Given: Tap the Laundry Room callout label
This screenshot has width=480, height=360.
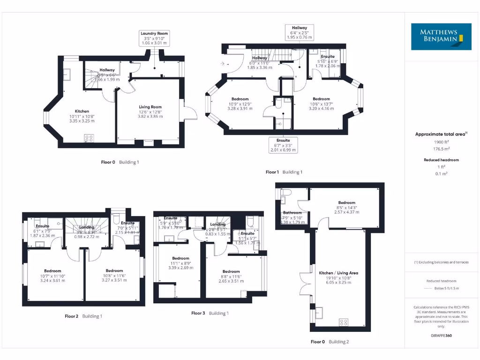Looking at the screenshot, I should (154, 38).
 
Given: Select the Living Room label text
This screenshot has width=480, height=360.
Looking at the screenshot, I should (150, 112).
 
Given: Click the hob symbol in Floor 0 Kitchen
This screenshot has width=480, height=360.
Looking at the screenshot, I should (89, 138).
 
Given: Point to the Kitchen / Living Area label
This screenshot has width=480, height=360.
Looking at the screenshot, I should (338, 277).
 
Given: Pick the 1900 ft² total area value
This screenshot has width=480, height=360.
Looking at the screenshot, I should (441, 141).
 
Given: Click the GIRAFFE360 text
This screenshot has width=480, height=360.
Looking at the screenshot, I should (441, 336).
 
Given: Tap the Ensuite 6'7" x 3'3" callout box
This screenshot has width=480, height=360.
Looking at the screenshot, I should (283, 145).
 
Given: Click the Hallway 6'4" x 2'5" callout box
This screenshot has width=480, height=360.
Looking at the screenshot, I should (300, 33).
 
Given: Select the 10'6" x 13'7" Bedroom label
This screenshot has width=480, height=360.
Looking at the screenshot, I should (321, 104).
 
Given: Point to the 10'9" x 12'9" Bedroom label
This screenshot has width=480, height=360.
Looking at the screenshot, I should (240, 104).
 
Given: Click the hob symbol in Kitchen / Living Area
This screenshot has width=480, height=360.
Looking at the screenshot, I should (343, 322).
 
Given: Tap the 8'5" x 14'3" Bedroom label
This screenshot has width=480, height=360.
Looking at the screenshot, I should (347, 207).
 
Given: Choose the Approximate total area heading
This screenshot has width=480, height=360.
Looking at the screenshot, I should (441, 134).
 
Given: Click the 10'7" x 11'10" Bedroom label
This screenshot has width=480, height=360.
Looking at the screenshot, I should (52, 276).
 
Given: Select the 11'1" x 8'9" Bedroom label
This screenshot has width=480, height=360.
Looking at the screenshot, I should (180, 263).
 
